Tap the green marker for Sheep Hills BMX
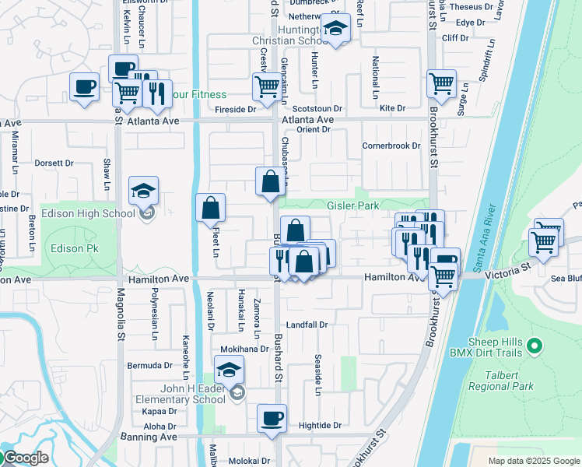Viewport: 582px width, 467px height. pos(534,345)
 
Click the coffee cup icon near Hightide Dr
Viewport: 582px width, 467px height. pos(272,418)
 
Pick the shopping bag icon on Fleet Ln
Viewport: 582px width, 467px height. pos(211,208)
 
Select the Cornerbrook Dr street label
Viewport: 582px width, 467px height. pos(391,146)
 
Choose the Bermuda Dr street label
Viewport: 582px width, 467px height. pos(150,365)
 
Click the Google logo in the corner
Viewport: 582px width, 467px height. pos(26,458)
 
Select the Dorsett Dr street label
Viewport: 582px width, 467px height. pos(54,163)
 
